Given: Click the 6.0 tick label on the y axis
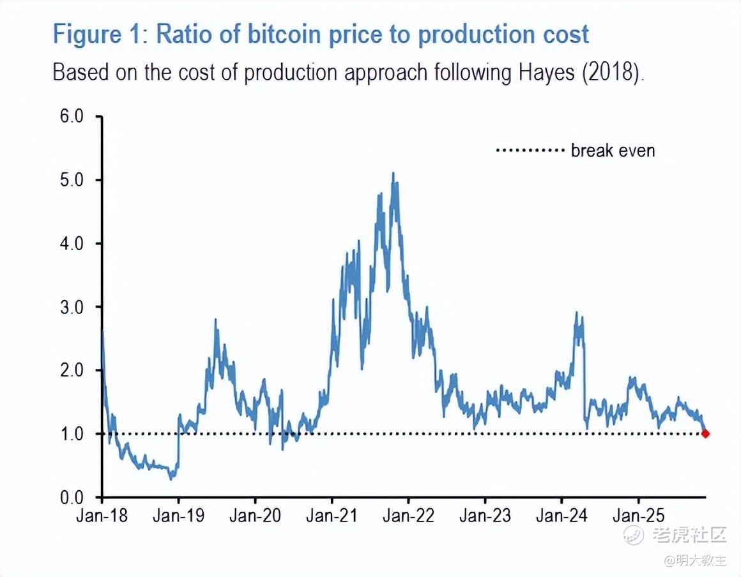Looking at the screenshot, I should click(x=70, y=117).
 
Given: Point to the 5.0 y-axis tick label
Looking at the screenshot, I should click(x=70, y=180).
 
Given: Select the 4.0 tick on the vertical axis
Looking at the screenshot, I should click(x=70, y=244).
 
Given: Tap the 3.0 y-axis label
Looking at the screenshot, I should click(x=70, y=307).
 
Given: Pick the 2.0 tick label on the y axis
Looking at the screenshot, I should click(x=70, y=370).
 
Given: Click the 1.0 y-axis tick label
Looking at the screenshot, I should click(x=70, y=434).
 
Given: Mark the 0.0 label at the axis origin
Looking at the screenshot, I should click(x=70, y=497).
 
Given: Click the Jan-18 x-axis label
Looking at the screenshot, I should click(x=102, y=516).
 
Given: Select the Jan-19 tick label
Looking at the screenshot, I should click(x=178, y=516).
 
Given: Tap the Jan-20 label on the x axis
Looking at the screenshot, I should click(x=255, y=516).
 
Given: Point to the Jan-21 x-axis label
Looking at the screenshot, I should click(x=332, y=516).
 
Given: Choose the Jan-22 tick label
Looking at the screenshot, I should click(x=408, y=516).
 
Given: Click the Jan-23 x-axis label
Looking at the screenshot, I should click(x=485, y=516).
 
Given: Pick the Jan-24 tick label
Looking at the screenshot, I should click(x=561, y=516).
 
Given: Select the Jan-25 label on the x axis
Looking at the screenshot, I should click(x=638, y=516).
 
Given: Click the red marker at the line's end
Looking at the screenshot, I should click(x=705, y=434).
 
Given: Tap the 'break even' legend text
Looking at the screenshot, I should click(x=613, y=151).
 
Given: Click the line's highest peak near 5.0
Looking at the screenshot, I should click(x=393, y=173).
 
